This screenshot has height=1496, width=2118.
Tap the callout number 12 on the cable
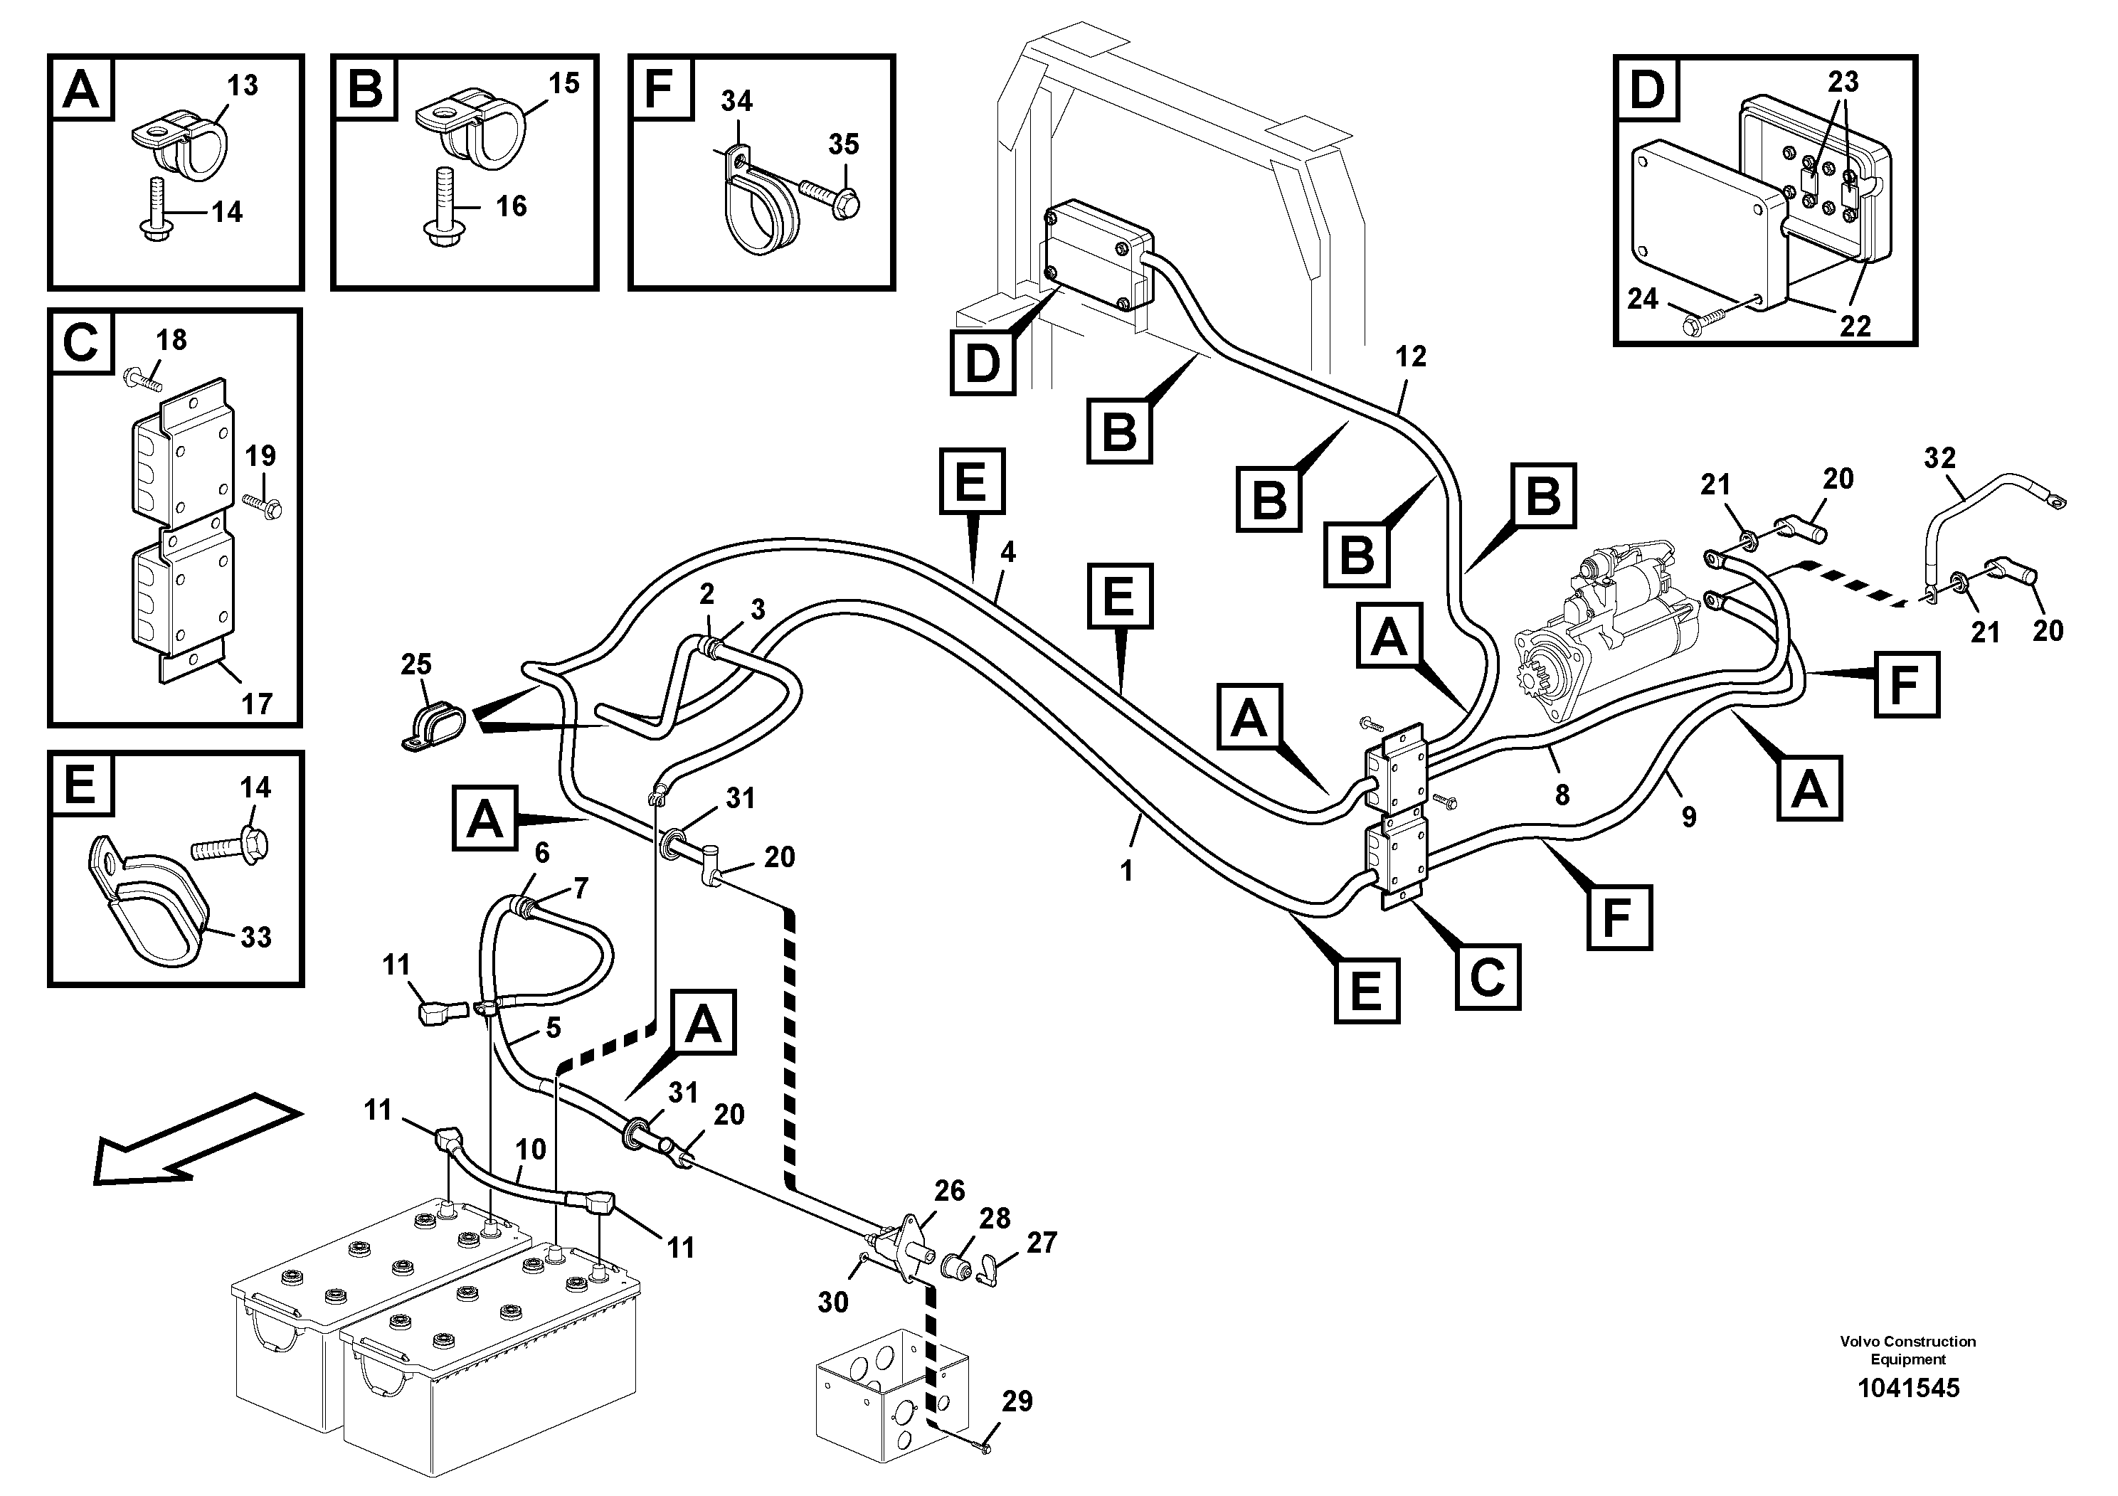coord(1411,357)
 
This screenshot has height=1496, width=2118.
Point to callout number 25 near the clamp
coord(416,664)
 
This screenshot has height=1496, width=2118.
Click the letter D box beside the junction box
coord(982,364)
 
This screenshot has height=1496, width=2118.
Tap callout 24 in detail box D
coord(1642,299)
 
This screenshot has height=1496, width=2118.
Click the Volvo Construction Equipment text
coord(1907,1350)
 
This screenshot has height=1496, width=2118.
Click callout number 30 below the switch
coord(832,1303)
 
